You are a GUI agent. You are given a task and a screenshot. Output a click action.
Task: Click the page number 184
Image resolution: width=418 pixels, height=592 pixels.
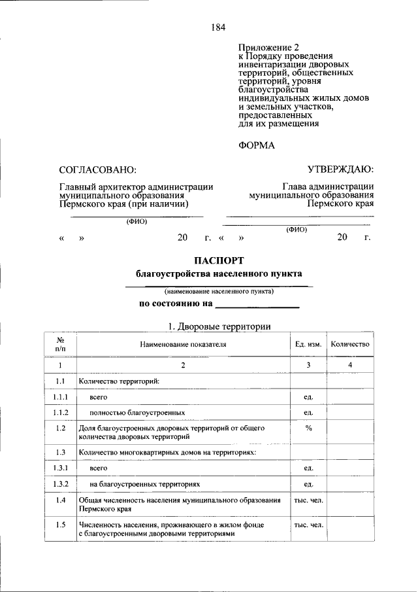tap(218, 27)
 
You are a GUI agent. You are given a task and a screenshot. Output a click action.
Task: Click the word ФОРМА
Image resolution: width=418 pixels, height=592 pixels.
tap(257, 145)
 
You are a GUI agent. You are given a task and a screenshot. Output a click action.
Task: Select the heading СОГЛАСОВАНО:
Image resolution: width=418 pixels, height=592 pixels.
tap(97, 170)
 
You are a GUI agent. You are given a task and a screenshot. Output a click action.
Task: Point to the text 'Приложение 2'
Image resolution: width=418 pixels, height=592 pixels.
tap(268, 48)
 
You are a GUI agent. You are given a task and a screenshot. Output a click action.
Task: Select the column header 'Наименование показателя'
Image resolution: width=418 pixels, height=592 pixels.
tap(184, 344)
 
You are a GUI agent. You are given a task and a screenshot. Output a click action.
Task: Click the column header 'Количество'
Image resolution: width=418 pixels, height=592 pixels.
tap(350, 344)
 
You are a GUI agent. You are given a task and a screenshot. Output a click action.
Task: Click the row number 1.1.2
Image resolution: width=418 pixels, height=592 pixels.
tap(59, 413)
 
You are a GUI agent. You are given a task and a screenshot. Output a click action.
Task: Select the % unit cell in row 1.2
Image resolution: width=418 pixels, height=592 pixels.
tap(308, 428)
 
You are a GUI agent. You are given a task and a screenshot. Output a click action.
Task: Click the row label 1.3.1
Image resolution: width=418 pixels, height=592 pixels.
tap(59, 468)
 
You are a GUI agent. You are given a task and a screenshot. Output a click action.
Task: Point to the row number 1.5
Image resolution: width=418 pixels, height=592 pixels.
tap(59, 524)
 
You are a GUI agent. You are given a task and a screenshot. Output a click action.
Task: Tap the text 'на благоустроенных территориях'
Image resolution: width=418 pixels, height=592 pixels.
tap(144, 484)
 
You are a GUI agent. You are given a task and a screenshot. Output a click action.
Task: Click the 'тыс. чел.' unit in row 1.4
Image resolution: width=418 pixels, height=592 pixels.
tap(308, 500)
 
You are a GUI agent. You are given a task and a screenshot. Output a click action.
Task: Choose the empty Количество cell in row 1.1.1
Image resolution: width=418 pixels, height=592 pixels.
tap(350, 397)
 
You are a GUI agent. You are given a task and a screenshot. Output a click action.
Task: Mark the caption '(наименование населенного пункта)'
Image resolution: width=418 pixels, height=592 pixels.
tap(219, 291)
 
